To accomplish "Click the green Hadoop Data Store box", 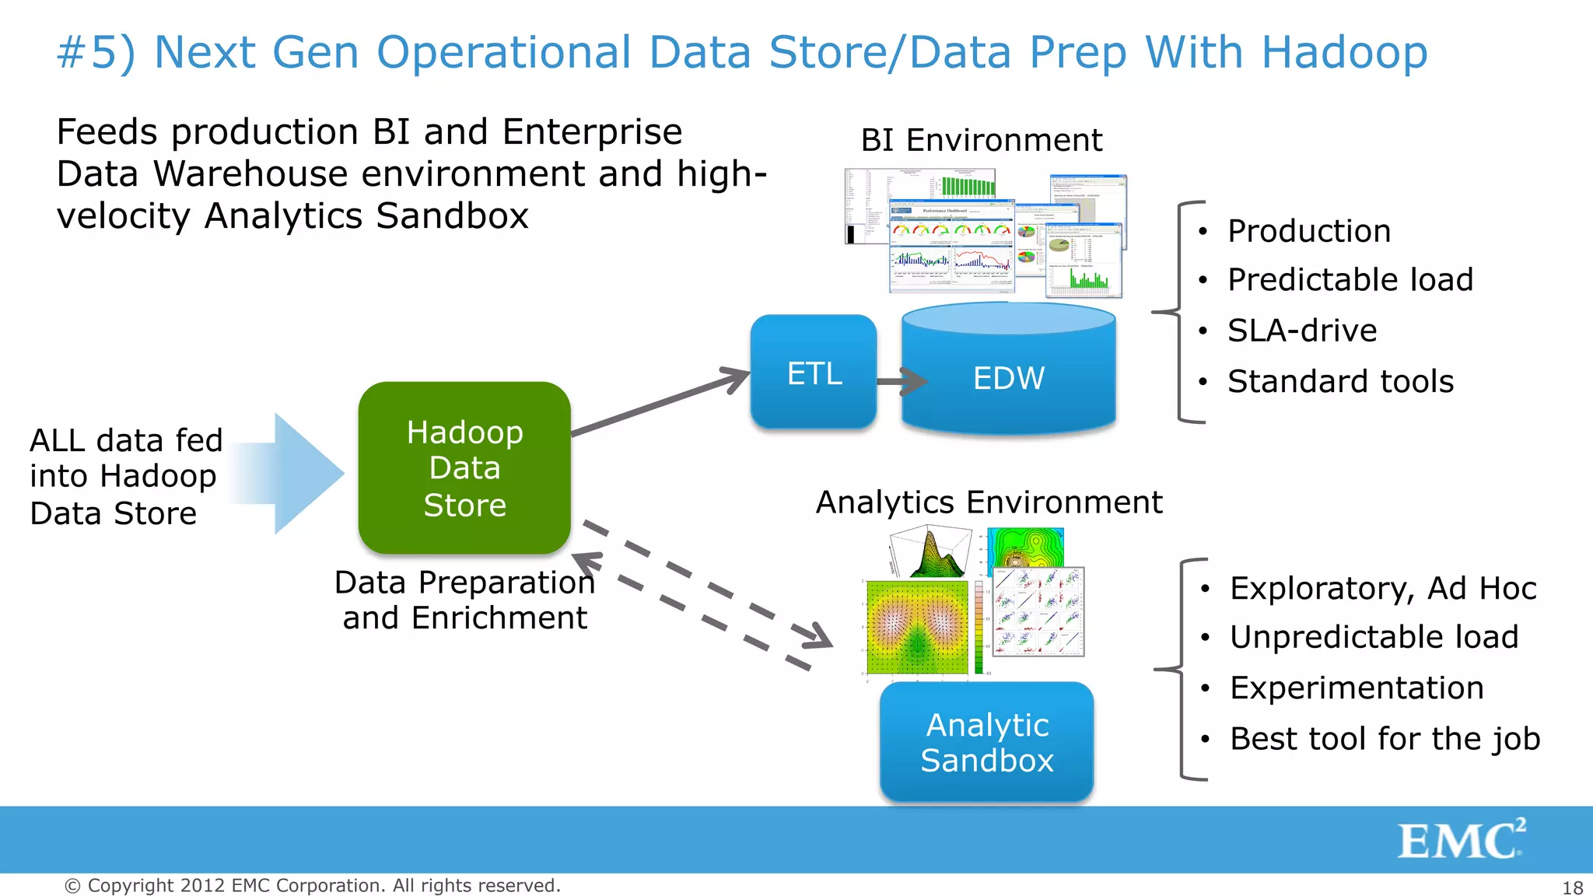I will (x=464, y=467).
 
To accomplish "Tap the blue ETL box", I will (x=814, y=372).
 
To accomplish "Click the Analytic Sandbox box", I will (x=986, y=741).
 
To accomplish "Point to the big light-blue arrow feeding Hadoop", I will (x=296, y=473).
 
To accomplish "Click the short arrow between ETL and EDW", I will (x=902, y=381).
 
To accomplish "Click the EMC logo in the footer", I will (x=1461, y=839).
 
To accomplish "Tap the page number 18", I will (x=1572, y=887).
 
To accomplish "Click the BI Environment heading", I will (x=981, y=141).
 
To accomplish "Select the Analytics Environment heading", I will (x=989, y=502).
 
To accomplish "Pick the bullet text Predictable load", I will (x=1350, y=280).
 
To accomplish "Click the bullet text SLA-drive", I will (x=1301, y=331).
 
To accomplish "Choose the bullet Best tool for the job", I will (x=1385, y=738).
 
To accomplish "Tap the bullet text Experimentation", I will (x=1356, y=688).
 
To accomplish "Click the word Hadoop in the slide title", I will (x=1343, y=53).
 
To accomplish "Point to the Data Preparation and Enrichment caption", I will (x=464, y=600).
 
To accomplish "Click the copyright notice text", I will (x=313, y=885).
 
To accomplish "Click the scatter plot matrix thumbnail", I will (x=1038, y=611).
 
